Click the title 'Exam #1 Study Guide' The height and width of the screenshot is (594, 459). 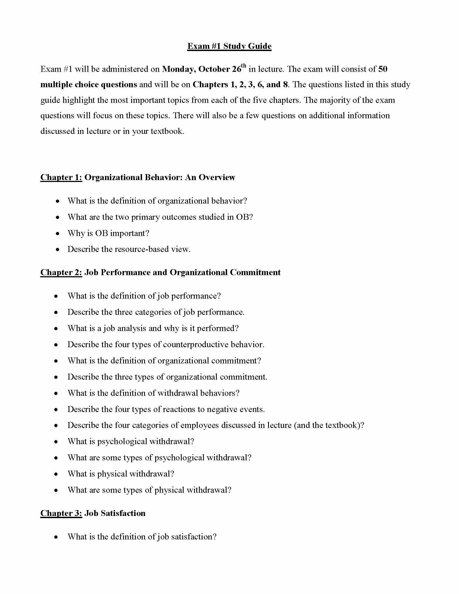(x=229, y=46)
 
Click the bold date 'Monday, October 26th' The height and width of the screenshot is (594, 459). (x=204, y=69)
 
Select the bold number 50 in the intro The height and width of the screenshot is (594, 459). (x=383, y=69)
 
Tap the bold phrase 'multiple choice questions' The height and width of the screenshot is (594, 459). (x=89, y=85)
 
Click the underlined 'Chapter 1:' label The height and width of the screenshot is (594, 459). (x=61, y=177)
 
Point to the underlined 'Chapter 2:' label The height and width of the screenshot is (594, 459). (x=61, y=272)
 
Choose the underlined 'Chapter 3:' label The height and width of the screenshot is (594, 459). (x=61, y=513)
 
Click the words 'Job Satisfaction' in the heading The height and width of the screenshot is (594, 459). (x=115, y=513)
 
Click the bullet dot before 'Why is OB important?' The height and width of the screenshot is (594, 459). (x=57, y=233)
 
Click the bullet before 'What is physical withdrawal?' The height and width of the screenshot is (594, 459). (x=56, y=474)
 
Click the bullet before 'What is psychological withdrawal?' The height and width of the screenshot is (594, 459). (x=56, y=442)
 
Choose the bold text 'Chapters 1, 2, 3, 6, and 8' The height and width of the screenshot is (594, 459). (x=240, y=85)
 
